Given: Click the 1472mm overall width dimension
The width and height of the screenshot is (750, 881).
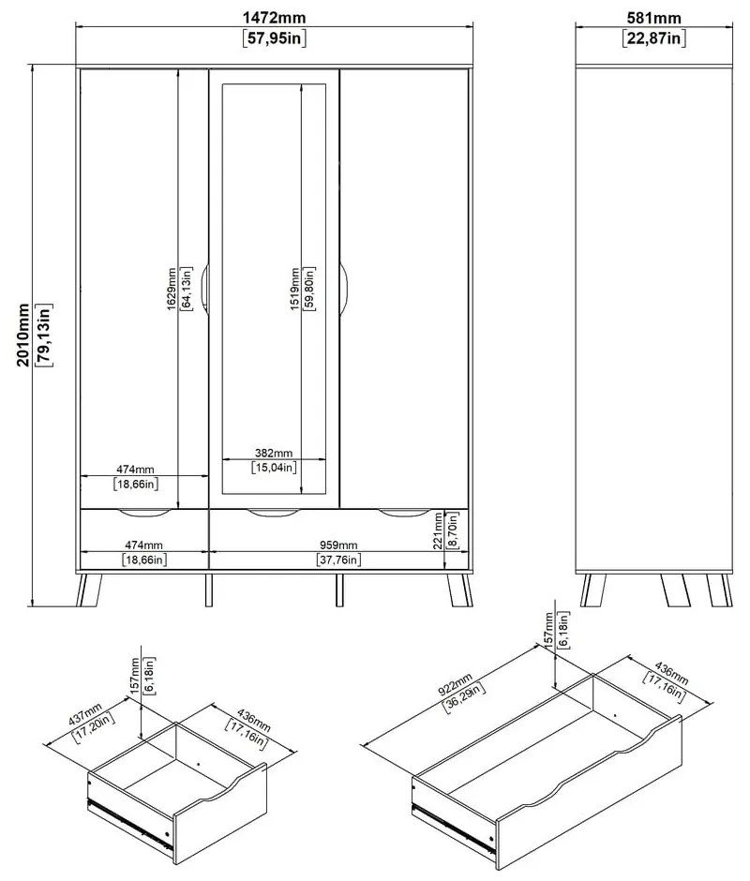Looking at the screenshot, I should pos(274,18).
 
